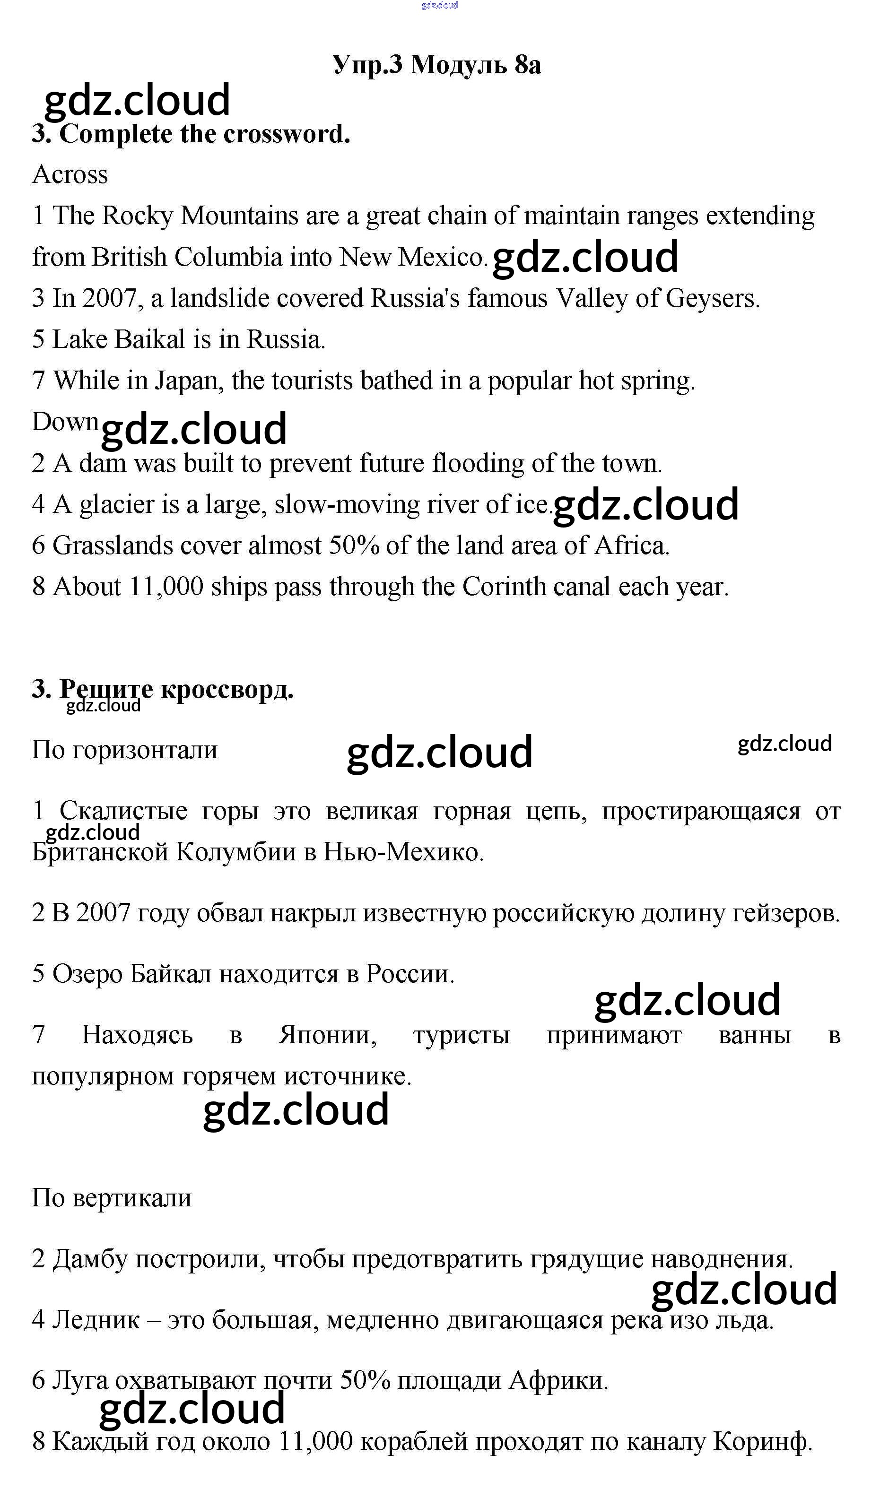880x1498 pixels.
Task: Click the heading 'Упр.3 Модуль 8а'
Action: (436, 64)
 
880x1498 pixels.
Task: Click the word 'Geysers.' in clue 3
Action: (712, 298)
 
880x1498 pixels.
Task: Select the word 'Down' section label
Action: (65, 422)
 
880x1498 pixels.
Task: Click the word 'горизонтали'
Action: (145, 750)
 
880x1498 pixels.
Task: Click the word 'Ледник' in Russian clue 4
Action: (96, 1320)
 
